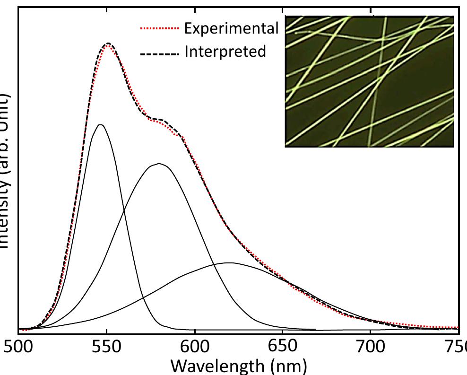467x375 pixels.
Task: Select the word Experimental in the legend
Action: (231, 29)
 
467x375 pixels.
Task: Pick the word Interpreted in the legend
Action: (225, 51)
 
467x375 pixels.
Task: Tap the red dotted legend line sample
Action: (160, 29)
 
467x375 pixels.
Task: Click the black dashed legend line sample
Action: (160, 52)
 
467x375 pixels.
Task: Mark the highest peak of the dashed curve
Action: (109, 43)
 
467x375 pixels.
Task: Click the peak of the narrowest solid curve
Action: (100, 125)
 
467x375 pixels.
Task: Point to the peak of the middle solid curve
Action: (159, 164)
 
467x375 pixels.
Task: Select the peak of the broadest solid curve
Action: (229, 262)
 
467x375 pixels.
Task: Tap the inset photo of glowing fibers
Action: (369, 81)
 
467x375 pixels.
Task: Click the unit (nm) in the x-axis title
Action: (291, 366)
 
